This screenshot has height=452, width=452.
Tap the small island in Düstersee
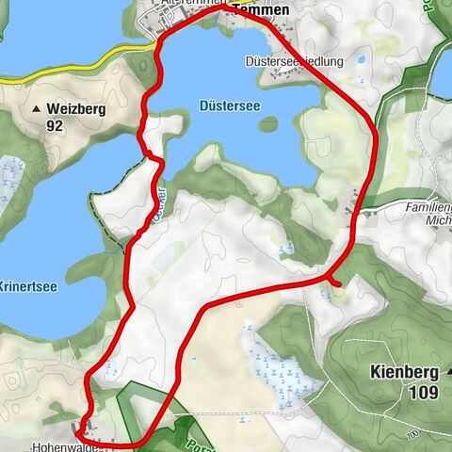269,123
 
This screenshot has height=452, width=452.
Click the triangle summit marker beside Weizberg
37,109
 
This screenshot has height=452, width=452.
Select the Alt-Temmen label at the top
194,3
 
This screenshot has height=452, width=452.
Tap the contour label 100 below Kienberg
412,434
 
